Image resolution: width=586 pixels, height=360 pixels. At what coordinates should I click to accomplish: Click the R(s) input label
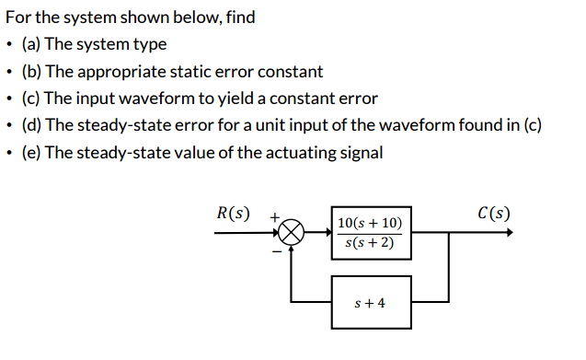(232, 214)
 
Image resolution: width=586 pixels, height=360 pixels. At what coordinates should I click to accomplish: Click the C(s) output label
(494, 214)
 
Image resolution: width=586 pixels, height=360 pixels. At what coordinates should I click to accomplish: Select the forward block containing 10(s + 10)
(372, 233)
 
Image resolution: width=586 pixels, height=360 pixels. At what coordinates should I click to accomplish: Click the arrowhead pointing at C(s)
(509, 233)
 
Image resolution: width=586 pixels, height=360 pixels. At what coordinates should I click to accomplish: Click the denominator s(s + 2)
(369, 243)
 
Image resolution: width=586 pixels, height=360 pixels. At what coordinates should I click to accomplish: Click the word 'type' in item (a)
(150, 44)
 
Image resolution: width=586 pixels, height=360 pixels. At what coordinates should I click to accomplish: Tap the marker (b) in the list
(32, 71)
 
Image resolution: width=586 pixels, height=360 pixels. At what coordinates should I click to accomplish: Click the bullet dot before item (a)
(9, 44)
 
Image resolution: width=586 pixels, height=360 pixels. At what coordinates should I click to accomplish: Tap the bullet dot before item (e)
(9, 152)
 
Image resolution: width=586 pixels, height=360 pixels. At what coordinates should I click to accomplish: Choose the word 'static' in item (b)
(195, 71)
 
